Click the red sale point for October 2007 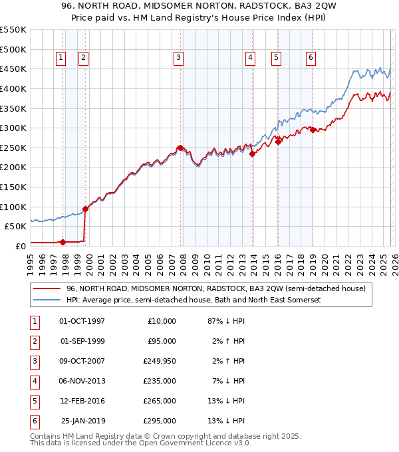pyautogui.click(x=180, y=148)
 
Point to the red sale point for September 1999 pyautogui.click(x=85, y=208)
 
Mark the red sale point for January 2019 pyautogui.click(x=313, y=130)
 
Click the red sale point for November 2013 pyautogui.click(x=252, y=154)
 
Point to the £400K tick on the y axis pyautogui.click(x=13, y=88)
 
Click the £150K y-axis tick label pyautogui.click(x=13, y=187)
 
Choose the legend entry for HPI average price pyautogui.click(x=194, y=300)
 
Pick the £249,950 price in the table pyautogui.click(x=159, y=362)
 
